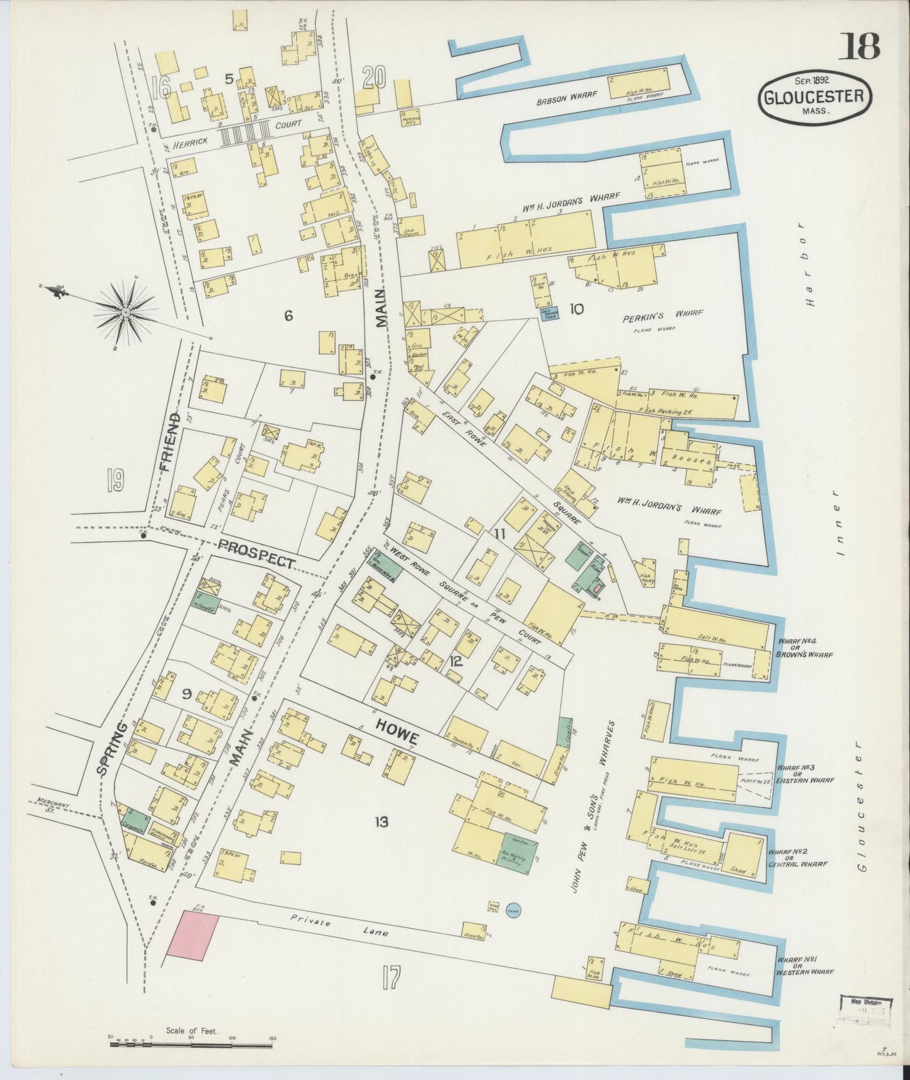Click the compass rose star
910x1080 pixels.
(x=125, y=312)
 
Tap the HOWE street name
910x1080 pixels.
(x=397, y=730)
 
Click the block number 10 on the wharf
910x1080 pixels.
(x=576, y=309)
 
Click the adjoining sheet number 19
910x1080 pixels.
(x=115, y=481)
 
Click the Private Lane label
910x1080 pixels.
(x=339, y=927)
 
